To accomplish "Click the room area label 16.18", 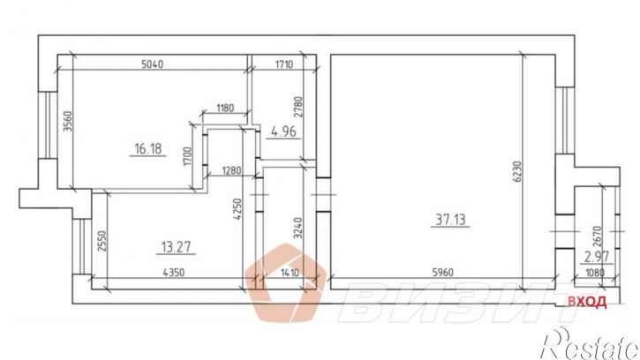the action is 147,149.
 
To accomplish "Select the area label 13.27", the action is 176,247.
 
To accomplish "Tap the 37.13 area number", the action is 450,220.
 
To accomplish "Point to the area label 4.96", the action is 283,131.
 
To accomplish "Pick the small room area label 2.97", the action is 597,257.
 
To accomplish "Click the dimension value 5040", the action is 152,64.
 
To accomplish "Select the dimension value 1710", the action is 284,64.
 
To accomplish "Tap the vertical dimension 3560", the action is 68,121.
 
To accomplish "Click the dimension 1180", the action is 225,109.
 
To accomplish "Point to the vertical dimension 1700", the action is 187,156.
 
